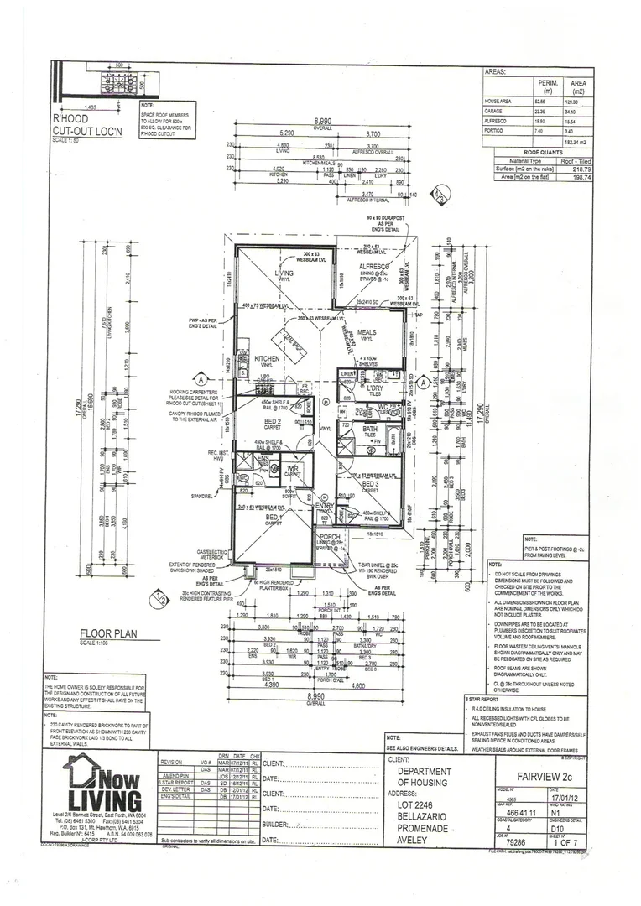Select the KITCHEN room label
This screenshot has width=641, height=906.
pyautogui.click(x=266, y=359)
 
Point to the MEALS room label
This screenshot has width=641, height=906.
pyautogui.click(x=366, y=332)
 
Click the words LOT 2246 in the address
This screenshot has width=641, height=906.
pyautogui.click(x=416, y=805)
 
